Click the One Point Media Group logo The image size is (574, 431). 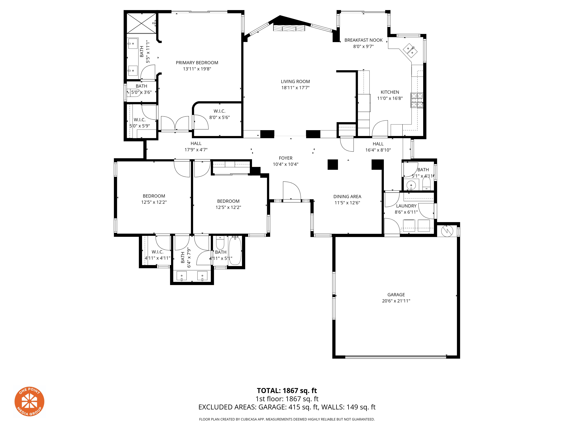(29, 401)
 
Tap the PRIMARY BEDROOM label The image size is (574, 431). (197, 63)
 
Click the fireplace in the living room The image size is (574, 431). (289, 28)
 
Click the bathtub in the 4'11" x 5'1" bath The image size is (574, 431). (235, 251)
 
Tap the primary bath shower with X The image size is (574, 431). (141, 23)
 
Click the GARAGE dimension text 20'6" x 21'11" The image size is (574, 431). (396, 301)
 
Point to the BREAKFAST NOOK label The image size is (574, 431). (363, 40)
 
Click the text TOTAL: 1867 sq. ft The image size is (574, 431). (287, 390)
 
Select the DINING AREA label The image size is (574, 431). (347, 197)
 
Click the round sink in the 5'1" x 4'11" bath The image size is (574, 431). (411, 185)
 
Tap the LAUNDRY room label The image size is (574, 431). (406, 206)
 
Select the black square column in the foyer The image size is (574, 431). (333, 164)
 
